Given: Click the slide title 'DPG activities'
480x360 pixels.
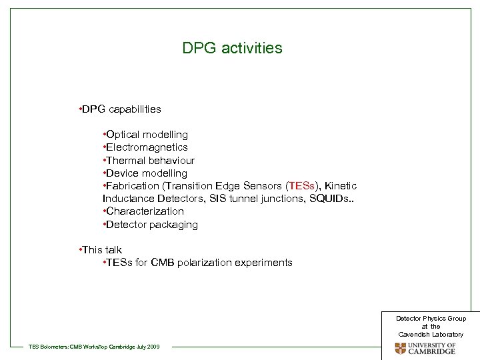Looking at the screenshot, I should [232, 49].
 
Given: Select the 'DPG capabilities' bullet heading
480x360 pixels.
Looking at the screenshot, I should [120, 109].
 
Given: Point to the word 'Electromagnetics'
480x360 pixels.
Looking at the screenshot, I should [148, 147].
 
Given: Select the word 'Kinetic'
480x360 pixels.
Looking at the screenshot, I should [339, 186].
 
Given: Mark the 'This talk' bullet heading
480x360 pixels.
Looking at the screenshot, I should [101, 250].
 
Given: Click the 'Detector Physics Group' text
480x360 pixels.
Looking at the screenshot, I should [431, 319].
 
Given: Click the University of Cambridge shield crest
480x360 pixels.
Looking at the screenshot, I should [400, 348].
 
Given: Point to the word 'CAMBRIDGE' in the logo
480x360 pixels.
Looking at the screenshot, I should [433, 351].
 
